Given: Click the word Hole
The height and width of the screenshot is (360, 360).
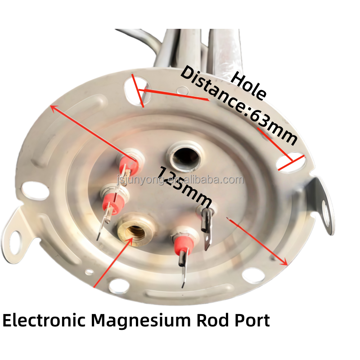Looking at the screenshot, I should pyautogui.click(x=249, y=85).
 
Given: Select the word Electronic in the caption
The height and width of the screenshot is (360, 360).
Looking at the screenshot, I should pyautogui.click(x=44, y=320).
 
